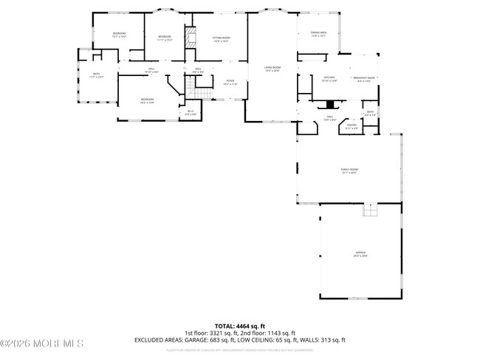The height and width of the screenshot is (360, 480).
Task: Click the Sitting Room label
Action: pos(220,39)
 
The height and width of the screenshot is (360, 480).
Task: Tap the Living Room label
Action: pos(272,69)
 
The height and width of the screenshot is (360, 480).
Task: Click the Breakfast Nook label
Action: pos(365,78)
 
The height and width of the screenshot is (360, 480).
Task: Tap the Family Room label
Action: pos(349,171)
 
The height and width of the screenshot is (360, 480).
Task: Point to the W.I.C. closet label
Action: pos(190,112)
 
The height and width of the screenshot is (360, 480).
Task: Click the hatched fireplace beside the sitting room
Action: pos(190,40)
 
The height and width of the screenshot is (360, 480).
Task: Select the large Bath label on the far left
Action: pos(97,75)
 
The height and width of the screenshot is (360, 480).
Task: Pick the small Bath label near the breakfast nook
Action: pos(370,114)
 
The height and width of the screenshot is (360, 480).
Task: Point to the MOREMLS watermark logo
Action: pos(42,344)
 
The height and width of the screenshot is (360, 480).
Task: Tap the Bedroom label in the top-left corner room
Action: pos(119,35)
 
